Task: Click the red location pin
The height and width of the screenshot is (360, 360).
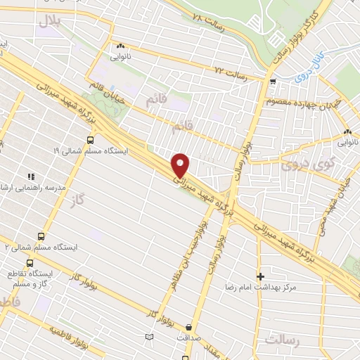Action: pyautogui.click(x=181, y=165)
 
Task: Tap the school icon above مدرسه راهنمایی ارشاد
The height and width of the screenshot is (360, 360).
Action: pyautogui.click(x=30, y=176)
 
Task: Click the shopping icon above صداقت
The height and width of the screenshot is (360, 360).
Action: pyautogui.click(x=189, y=326)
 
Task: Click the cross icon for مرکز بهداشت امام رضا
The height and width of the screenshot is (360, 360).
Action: pyautogui.click(x=261, y=276)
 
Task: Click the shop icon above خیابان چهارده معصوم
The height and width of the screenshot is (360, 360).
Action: pyautogui.click(x=272, y=82)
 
